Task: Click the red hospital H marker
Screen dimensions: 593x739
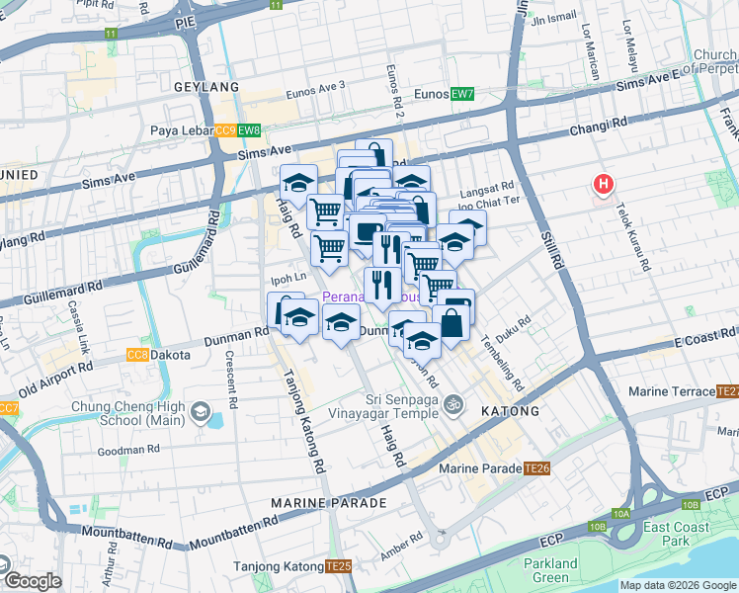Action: point(603,184)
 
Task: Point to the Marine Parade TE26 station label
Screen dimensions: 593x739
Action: point(494,467)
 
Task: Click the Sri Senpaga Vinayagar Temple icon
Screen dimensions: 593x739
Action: point(453,403)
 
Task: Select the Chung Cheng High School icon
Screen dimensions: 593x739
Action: point(201,411)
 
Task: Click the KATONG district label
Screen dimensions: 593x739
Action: point(509,410)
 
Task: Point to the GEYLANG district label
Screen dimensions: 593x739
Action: point(206,87)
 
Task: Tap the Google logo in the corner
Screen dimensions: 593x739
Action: point(34,581)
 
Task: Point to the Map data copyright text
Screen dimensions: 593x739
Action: point(678,585)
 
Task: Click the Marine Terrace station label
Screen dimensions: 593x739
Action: point(683,391)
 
